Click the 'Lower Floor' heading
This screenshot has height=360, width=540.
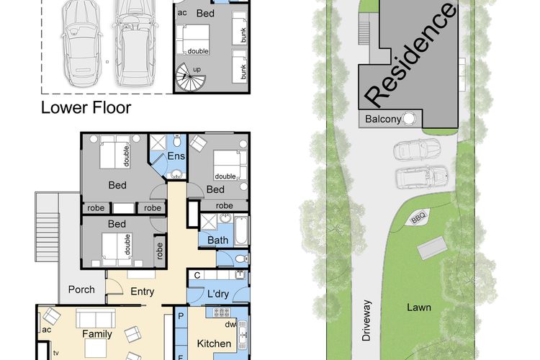pyautogui.click(x=86, y=108)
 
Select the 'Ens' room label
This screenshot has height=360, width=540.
pyautogui.click(x=176, y=156)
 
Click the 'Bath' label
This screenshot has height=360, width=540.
pyautogui.click(x=217, y=240)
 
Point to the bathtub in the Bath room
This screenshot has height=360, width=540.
pyautogui.click(x=241, y=230)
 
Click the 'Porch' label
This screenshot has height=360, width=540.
pyautogui.click(x=81, y=289)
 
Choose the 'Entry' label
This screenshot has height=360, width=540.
pyautogui.click(x=142, y=292)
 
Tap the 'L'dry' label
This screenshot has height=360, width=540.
pyautogui.click(x=218, y=294)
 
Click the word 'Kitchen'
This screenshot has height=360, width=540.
pyautogui.click(x=214, y=343)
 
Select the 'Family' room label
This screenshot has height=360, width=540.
pyautogui.click(x=97, y=334)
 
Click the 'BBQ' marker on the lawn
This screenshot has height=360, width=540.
pyautogui.click(x=419, y=217)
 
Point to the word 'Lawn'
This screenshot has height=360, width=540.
pyautogui.click(x=419, y=307)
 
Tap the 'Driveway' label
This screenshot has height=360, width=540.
pyautogui.click(x=366, y=320)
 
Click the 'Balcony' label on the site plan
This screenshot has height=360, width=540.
pyautogui.click(x=383, y=120)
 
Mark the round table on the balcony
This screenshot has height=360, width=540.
pyautogui.click(x=409, y=119)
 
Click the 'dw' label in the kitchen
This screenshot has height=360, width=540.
pyautogui.click(x=230, y=324)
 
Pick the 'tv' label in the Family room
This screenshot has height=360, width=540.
pyautogui.click(x=55, y=353)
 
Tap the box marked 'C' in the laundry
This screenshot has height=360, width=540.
pyautogui.click(x=197, y=275)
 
